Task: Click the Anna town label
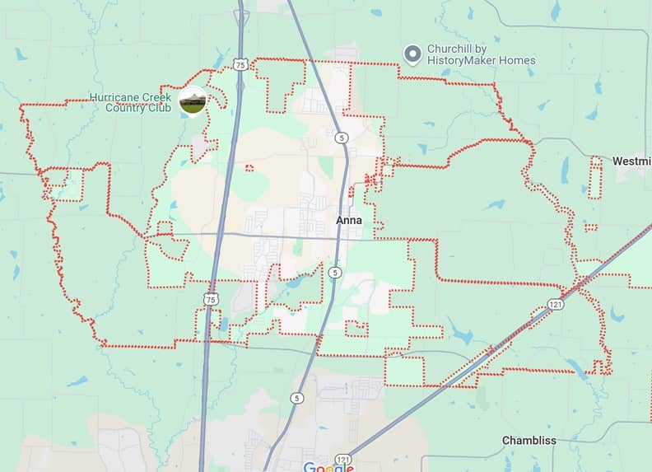tap(349, 221)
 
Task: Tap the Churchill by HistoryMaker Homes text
tap(481, 54)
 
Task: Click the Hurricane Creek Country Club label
tap(131, 102)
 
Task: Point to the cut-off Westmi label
tap(632, 160)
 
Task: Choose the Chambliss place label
tap(529, 441)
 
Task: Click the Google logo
tap(328, 467)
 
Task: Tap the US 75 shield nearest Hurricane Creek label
tap(240, 63)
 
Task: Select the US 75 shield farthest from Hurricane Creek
tap(212, 299)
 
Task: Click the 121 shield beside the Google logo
tap(343, 459)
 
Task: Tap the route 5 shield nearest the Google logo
tap(296, 398)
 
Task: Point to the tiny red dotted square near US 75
tap(249, 169)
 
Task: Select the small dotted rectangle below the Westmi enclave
tap(590, 227)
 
